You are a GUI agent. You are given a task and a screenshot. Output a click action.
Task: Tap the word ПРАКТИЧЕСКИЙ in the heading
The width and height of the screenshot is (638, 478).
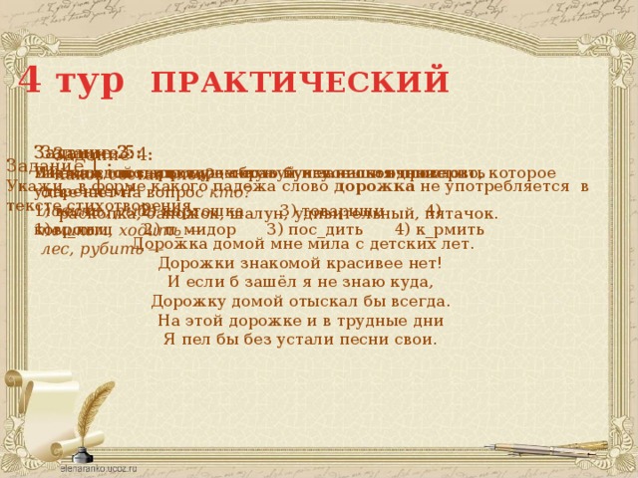(x=300, y=80)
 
